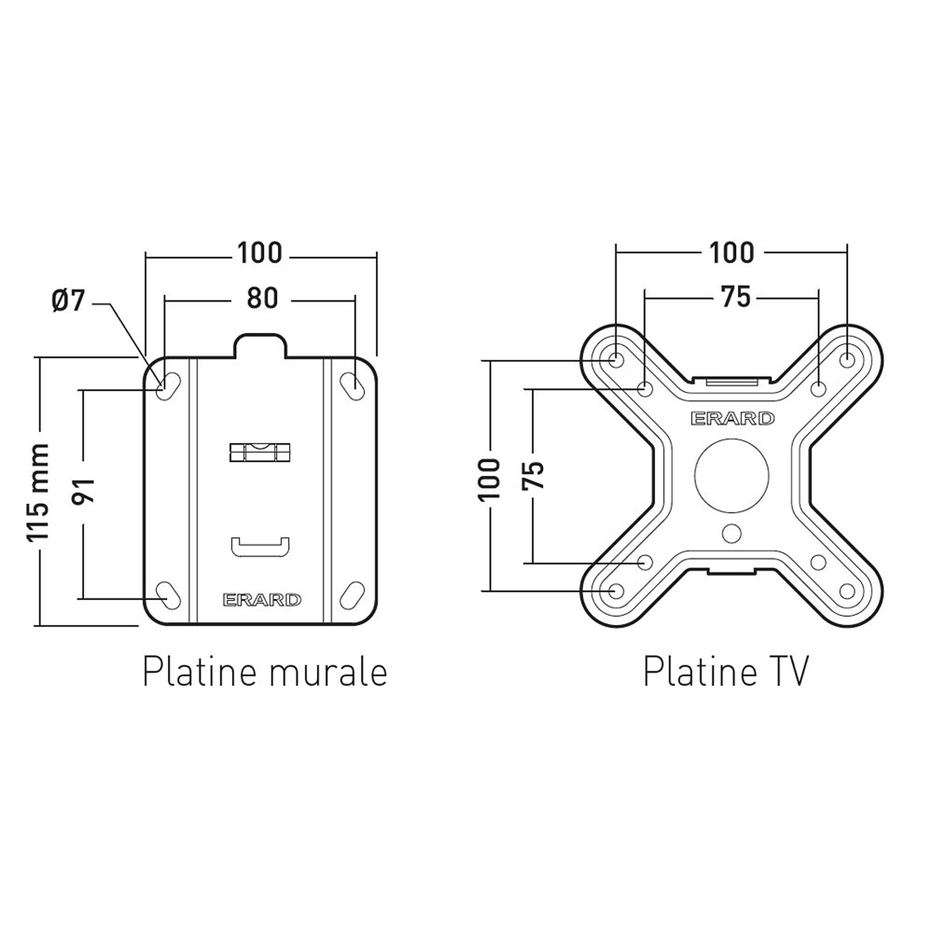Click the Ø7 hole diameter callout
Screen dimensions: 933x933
(x=69, y=301)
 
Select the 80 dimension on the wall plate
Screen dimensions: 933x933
(x=262, y=299)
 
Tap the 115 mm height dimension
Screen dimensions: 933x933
(x=38, y=492)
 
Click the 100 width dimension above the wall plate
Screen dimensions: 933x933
(x=259, y=253)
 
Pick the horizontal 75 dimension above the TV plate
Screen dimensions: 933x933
(x=736, y=297)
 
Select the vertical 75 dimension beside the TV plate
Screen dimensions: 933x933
(x=533, y=475)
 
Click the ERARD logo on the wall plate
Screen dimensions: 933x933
(x=262, y=599)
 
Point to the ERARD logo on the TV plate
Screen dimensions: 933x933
(x=732, y=418)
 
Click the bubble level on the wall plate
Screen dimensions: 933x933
(x=260, y=453)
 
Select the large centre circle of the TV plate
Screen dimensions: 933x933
(x=732, y=475)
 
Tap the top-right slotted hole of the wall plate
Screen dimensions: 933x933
(x=352, y=386)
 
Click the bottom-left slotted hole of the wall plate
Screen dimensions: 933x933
(x=169, y=595)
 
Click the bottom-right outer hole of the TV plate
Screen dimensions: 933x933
(x=847, y=592)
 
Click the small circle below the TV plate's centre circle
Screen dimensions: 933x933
(x=731, y=533)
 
